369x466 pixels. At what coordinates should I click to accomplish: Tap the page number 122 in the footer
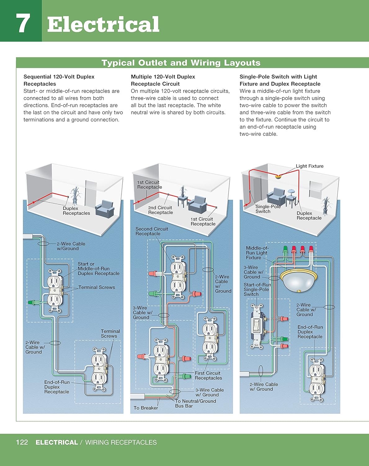(22, 442)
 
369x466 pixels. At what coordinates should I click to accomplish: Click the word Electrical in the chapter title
(103, 25)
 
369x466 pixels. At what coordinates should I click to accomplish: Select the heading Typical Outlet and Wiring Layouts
(181, 63)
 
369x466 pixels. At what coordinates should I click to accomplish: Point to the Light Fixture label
(309, 166)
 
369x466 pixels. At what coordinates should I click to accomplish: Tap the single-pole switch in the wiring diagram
(257, 326)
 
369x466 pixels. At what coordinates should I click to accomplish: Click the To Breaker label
(146, 408)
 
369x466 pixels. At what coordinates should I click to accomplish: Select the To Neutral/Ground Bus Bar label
(195, 403)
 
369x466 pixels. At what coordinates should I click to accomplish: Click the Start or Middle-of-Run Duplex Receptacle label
(98, 269)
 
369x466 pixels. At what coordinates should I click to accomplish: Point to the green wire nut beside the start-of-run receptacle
(31, 302)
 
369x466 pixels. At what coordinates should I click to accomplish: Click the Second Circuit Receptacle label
(152, 231)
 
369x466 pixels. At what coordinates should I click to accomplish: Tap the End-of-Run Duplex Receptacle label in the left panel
(57, 387)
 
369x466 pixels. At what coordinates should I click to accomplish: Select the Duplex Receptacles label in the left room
(76, 211)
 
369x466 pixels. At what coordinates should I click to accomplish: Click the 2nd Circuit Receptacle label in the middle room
(160, 210)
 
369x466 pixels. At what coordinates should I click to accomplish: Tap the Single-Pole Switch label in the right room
(268, 209)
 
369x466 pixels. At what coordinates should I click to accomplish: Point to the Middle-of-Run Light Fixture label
(257, 253)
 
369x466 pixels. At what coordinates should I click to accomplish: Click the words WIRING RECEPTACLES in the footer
(121, 442)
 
